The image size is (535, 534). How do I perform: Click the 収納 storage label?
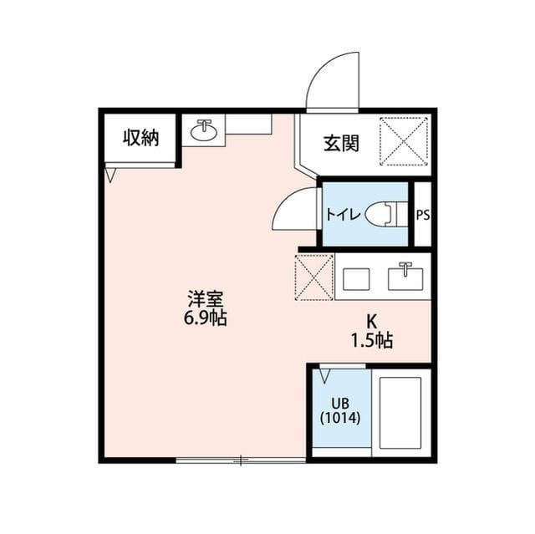[x=140, y=138]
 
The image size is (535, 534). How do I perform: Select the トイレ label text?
[x=344, y=215]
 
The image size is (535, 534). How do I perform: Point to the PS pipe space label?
[x=423, y=215]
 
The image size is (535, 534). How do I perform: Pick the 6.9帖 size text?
[x=206, y=318]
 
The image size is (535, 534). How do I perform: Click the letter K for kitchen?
[x=372, y=321]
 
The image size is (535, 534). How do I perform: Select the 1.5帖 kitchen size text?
[x=372, y=340]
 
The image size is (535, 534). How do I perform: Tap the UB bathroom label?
[x=339, y=402]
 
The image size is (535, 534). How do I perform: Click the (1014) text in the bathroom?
[x=339, y=418]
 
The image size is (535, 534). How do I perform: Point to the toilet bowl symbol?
[x=384, y=214]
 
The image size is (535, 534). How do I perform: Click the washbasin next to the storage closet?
[x=203, y=131]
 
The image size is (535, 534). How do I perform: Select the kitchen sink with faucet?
[x=406, y=277]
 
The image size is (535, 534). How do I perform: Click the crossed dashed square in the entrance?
[x=404, y=142]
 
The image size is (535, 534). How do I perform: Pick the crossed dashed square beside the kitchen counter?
[x=314, y=277]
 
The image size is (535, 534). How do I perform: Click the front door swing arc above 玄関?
[x=332, y=80]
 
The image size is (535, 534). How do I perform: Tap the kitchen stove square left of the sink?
[x=358, y=277]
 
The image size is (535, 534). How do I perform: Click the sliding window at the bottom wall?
[x=241, y=460]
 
